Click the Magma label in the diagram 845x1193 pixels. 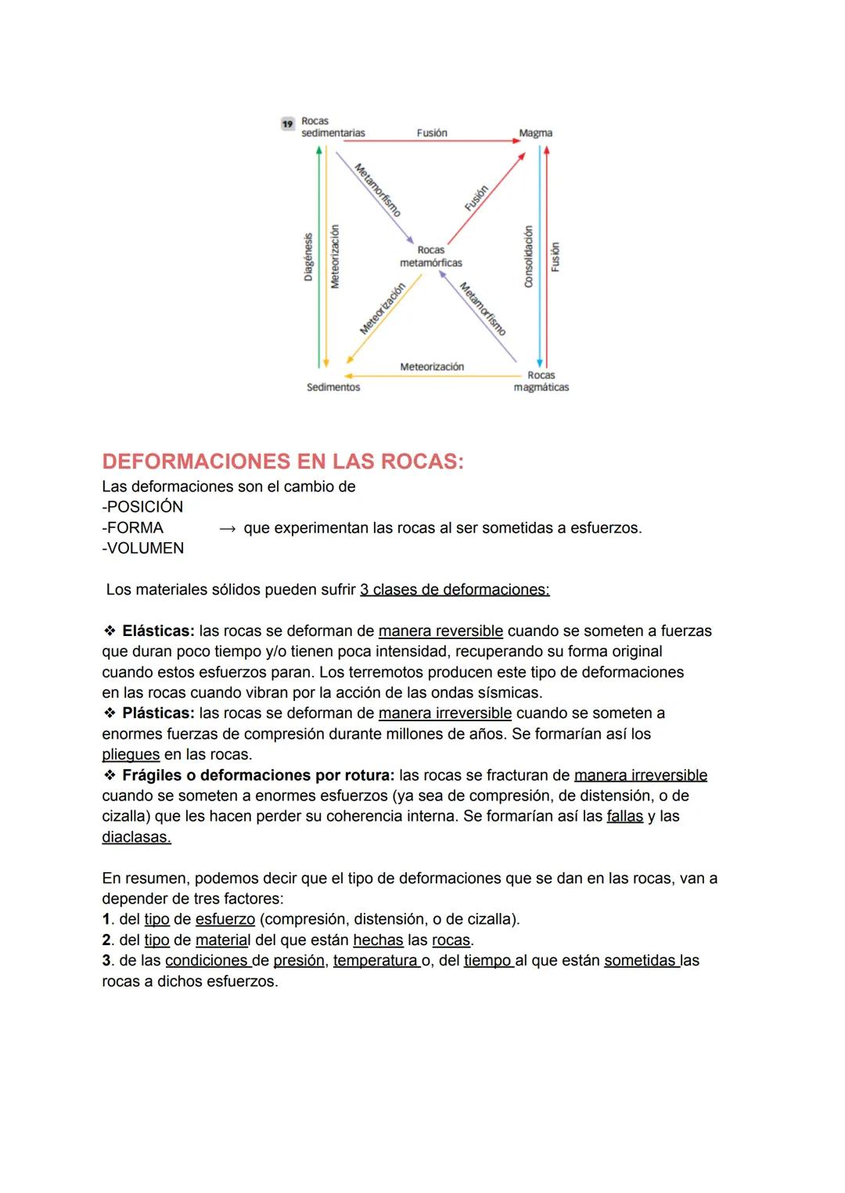click(535, 133)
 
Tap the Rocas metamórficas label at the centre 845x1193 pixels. click(430, 257)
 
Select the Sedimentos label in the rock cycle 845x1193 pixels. click(333, 387)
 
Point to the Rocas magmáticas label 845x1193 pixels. click(541, 382)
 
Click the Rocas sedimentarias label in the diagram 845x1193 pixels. click(332, 128)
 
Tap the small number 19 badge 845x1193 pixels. click(287, 124)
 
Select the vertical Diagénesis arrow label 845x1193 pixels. click(308, 257)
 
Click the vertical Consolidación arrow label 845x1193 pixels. click(528, 257)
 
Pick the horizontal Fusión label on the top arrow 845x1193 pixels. click(432, 133)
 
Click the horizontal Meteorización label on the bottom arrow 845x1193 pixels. click(432, 367)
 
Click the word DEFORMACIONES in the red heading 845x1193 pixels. click(194, 462)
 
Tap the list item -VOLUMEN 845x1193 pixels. click(143, 548)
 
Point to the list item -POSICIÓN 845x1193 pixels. click(142, 507)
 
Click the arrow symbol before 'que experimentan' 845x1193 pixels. click(227, 529)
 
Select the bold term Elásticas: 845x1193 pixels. click(158, 631)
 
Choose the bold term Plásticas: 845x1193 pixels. click(158, 713)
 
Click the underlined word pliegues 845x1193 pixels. click(131, 755)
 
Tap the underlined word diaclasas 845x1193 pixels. click(136, 837)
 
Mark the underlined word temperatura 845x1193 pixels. click(375, 961)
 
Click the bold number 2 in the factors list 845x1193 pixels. click(106, 940)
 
